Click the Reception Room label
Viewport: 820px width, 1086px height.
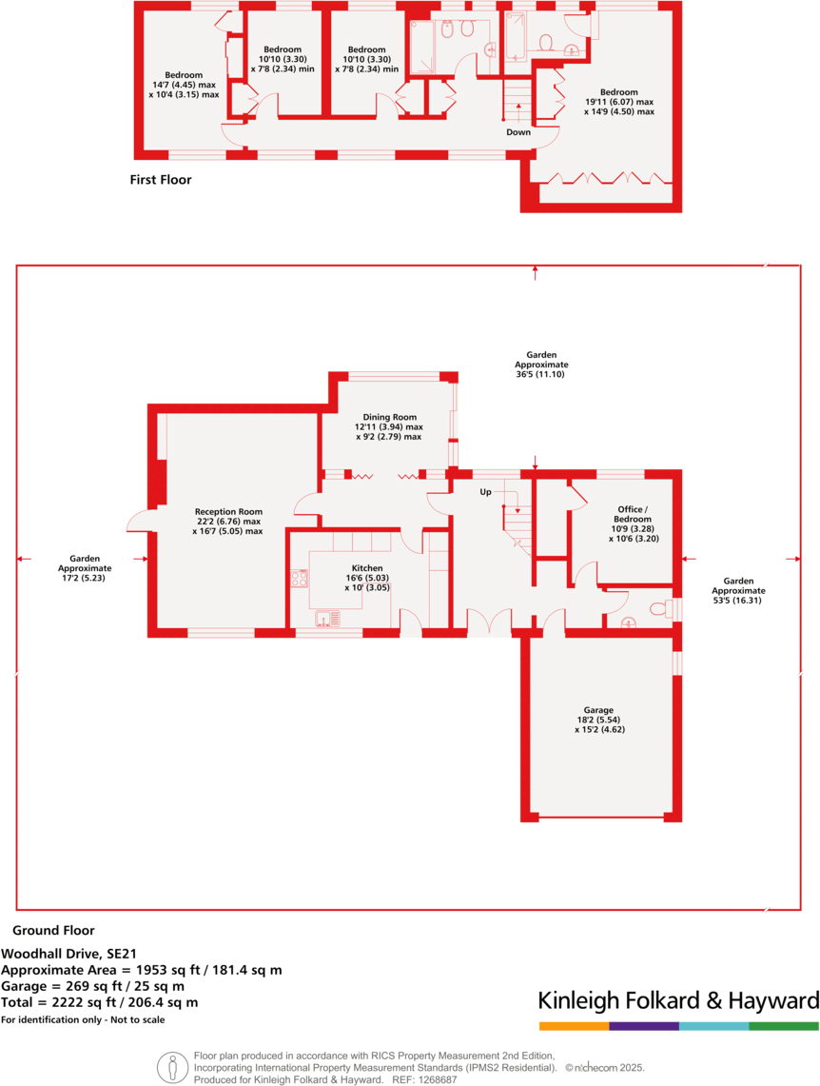[x=227, y=521]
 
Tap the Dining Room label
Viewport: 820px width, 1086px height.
[x=390, y=426]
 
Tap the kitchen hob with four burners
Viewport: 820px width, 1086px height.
[x=301, y=578]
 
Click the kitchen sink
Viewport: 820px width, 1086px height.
[x=328, y=620]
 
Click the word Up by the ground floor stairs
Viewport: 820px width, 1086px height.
[x=485, y=492]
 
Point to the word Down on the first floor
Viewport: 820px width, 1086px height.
[x=518, y=132]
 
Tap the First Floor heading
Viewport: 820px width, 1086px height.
[x=161, y=179]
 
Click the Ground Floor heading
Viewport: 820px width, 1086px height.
[x=53, y=931]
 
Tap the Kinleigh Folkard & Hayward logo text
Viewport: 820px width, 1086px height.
[x=678, y=1000]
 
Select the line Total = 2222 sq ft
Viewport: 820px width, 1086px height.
[x=100, y=1002]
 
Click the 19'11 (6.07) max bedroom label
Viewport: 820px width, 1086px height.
[x=619, y=102]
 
